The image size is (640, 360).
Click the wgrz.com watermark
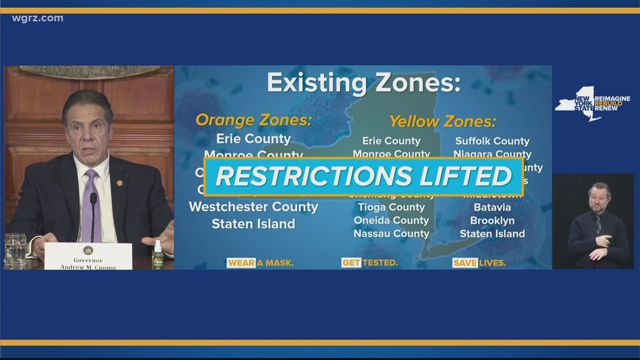pyautogui.click(x=38, y=19)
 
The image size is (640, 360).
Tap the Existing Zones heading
pyautogui.click(x=363, y=83)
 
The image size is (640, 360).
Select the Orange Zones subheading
pyautogui.click(x=253, y=120)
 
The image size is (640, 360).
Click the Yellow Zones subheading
pyautogui.click(x=442, y=121)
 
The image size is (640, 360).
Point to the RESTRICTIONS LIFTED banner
pyautogui.click(x=363, y=176)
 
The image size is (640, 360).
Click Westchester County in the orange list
pyautogui.click(x=253, y=207)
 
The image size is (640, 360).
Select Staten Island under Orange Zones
pyautogui.click(x=253, y=224)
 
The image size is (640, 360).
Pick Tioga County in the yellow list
pyautogui.click(x=391, y=207)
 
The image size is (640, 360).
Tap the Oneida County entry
pyautogui.click(x=391, y=221)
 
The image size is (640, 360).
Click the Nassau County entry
pyautogui.click(x=391, y=234)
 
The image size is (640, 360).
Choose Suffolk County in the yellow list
pyautogui.click(x=492, y=141)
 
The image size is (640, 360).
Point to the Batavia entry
pyautogui.click(x=492, y=207)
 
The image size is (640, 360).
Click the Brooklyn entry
pyautogui.click(x=492, y=221)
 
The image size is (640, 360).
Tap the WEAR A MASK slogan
pyautogui.click(x=260, y=263)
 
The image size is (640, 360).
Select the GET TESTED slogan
pyautogui.click(x=369, y=263)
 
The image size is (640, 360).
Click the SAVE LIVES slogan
pyautogui.click(x=479, y=263)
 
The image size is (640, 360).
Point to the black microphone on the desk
pyautogui.click(x=93, y=216)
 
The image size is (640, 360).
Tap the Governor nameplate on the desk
pyautogui.click(x=88, y=256)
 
